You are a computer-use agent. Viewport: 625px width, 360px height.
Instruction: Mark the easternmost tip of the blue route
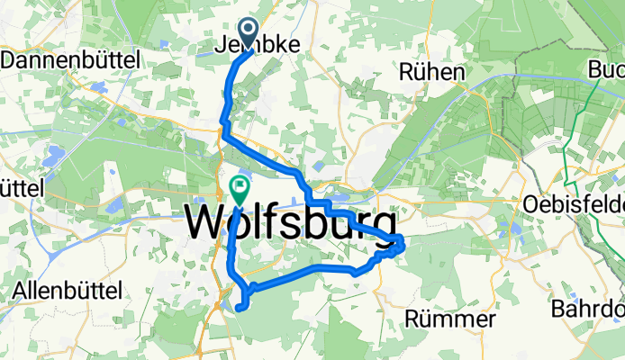click(406, 242)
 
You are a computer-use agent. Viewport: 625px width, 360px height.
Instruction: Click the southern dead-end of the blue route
click(239, 308)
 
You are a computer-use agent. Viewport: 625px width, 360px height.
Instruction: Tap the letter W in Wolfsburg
click(203, 222)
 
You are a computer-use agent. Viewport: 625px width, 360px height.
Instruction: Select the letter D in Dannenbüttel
click(10, 60)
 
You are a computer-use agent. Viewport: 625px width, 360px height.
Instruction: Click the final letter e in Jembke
click(294, 44)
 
